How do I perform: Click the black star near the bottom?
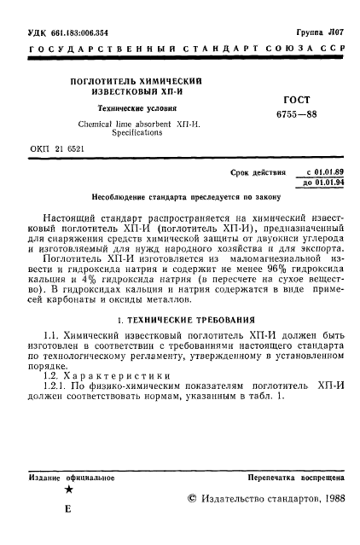(68, 490)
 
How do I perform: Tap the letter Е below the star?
(68, 508)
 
